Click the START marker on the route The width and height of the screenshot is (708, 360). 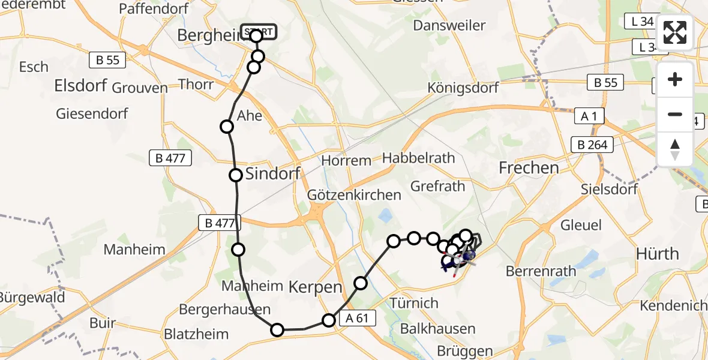tap(259, 31)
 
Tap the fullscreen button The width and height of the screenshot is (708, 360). tap(675, 32)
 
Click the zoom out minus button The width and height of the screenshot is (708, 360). tap(675, 114)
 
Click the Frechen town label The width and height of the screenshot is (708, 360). tap(529, 168)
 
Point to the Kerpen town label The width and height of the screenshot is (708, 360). tap(316, 287)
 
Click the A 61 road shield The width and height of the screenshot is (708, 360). tap(358, 319)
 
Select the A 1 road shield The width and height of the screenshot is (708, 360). tap(587, 116)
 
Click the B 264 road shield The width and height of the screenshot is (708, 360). tap(592, 145)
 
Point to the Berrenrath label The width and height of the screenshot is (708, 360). tap(541, 271)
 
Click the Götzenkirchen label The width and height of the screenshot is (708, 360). tap(353, 195)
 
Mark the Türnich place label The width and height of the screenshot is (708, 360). tap(414, 302)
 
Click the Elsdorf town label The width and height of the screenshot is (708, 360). tap(80, 86)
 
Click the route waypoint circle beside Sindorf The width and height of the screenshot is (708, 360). tap(236, 175)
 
